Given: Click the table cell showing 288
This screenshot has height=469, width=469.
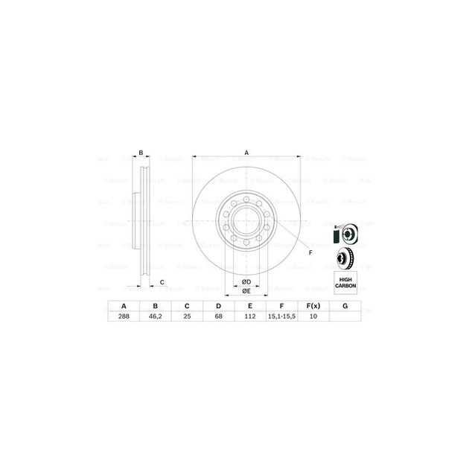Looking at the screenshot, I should pyautogui.click(x=124, y=316).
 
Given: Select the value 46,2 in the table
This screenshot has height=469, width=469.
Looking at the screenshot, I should pyautogui.click(x=156, y=316).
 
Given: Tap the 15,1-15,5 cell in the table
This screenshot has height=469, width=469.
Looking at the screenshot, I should pyautogui.click(x=281, y=316).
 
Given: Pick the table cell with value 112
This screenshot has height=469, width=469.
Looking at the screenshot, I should pyautogui.click(x=250, y=316).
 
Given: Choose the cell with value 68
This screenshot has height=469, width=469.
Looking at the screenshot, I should pyautogui.click(x=219, y=316).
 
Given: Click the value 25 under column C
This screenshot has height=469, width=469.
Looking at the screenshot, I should pyautogui.click(x=187, y=316).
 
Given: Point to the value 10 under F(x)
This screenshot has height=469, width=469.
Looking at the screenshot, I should pyautogui.click(x=313, y=316).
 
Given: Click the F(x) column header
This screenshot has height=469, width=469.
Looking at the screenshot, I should pyautogui.click(x=313, y=305).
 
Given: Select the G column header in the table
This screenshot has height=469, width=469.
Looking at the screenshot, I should pyautogui.click(x=345, y=305).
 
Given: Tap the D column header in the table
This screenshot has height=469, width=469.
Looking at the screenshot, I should pyautogui.click(x=219, y=305).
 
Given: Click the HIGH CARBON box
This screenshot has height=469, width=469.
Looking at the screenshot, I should pyautogui.click(x=345, y=281).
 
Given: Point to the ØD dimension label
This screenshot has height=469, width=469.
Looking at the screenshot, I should pyautogui.click(x=246, y=281).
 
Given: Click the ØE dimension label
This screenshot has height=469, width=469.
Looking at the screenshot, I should pyautogui.click(x=246, y=292).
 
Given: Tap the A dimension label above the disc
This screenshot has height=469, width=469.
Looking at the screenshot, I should pyautogui.click(x=246, y=153).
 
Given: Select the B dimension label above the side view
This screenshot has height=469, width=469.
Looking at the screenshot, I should pyautogui.click(x=141, y=153).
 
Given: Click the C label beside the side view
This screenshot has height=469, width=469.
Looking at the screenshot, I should pyautogui.click(x=162, y=281).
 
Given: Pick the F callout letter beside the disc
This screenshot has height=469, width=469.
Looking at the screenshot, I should pyautogui.click(x=310, y=254).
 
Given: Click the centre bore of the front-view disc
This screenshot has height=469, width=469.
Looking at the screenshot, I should pyautogui.click(x=246, y=221).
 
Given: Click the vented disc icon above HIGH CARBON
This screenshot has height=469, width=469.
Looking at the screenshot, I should pyautogui.click(x=345, y=258).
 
